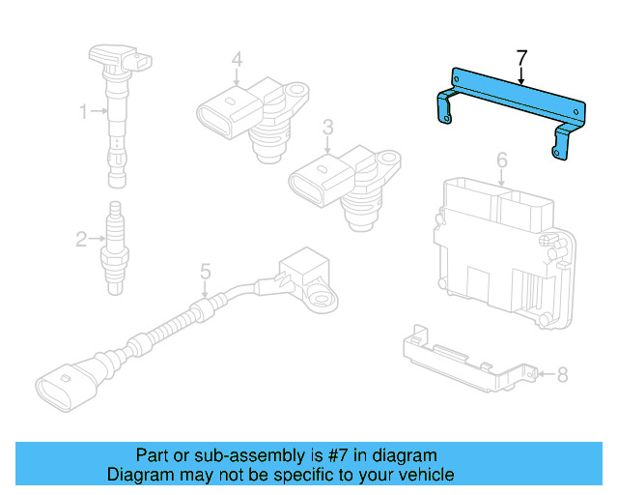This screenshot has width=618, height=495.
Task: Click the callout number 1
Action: click(83, 112)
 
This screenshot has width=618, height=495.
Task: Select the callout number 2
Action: click(81, 236)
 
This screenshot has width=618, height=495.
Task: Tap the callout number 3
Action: click(328, 127)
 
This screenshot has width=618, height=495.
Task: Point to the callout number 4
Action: click(236, 60)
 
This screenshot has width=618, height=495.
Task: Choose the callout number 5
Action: click(205, 273)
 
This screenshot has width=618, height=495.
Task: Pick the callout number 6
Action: click(501, 158)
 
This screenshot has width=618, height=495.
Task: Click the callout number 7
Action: click(521, 59)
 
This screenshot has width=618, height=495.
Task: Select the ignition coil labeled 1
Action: click(117, 106)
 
